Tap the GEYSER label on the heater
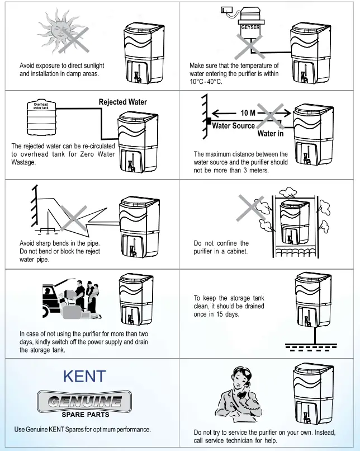(250, 27)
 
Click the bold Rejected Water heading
(123, 102)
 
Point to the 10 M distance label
(248, 113)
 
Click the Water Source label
(233, 126)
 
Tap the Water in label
(271, 134)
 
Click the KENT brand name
(84, 376)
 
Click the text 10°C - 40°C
(206, 82)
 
